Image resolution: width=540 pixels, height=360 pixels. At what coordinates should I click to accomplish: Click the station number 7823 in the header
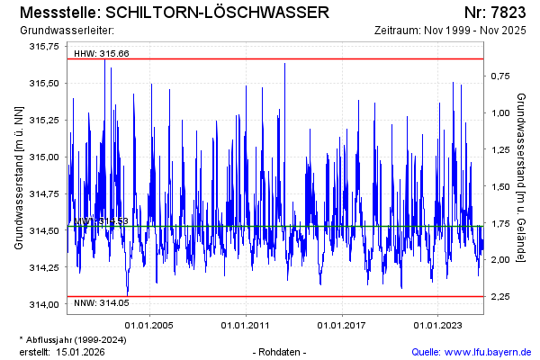pyautogui.click(x=512, y=13)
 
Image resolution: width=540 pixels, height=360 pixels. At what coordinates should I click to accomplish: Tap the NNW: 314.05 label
pyautogui.click(x=102, y=303)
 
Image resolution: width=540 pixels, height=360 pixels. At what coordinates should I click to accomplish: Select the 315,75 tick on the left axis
pyautogui.click(x=44, y=46)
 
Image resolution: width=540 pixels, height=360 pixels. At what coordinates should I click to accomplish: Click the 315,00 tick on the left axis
pyautogui.click(x=44, y=157)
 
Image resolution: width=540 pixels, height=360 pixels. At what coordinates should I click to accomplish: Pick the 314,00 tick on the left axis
pyautogui.click(x=44, y=304)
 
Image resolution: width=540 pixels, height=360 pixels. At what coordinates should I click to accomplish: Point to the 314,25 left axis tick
pyautogui.click(x=44, y=267)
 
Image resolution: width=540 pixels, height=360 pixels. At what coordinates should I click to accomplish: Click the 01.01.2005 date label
pyautogui.click(x=149, y=325)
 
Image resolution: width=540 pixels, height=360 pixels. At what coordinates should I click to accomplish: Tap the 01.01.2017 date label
pyautogui.click(x=342, y=325)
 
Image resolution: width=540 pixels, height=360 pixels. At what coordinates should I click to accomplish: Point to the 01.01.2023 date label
pyautogui.click(x=437, y=325)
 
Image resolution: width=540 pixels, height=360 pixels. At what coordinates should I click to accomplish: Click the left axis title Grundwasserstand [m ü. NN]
pyautogui.click(x=19, y=175)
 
